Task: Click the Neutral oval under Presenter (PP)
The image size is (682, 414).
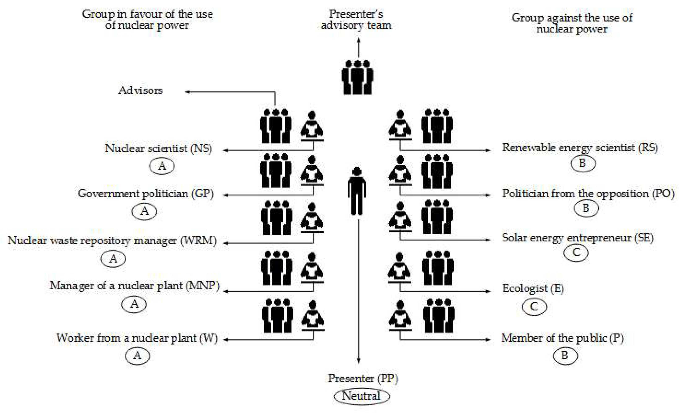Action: (x=361, y=396)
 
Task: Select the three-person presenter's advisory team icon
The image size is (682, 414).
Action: (x=357, y=78)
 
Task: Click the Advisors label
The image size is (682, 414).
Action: (x=140, y=91)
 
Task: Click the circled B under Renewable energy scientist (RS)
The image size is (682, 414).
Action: (x=583, y=163)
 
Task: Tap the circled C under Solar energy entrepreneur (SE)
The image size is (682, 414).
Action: (x=576, y=253)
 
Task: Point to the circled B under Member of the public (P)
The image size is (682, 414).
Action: (x=565, y=355)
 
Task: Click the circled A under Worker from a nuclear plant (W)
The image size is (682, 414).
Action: (x=137, y=356)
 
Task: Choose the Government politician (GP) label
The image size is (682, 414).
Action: (x=146, y=194)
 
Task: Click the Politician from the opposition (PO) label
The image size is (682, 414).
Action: (x=588, y=194)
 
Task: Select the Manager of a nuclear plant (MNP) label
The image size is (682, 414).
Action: (x=135, y=286)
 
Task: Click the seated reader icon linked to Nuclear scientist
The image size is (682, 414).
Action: (x=312, y=126)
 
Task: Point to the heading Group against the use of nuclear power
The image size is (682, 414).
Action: (x=572, y=23)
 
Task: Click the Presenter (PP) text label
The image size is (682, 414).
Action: (x=363, y=378)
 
